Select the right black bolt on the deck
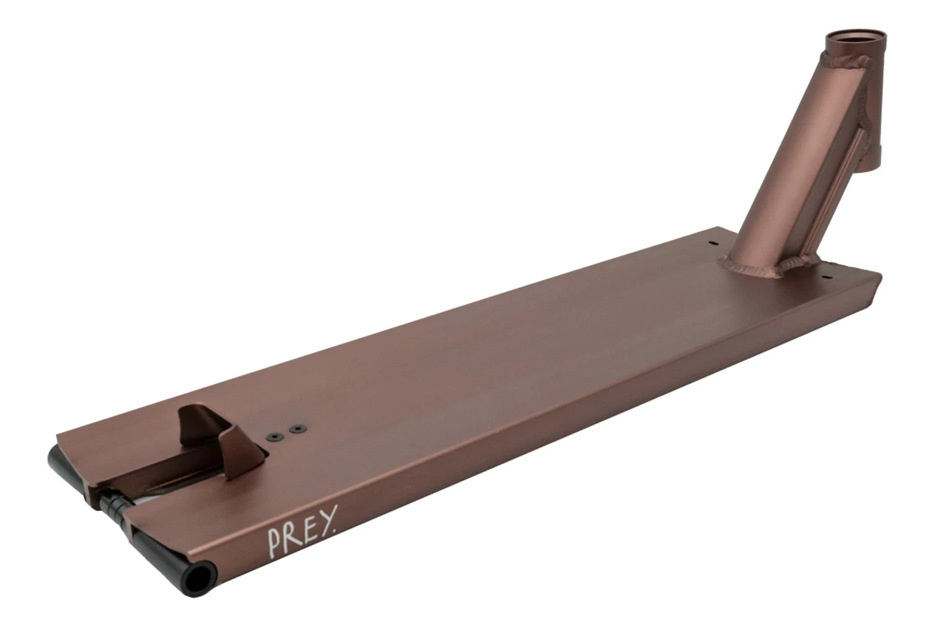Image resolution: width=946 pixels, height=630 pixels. (x=299, y=428)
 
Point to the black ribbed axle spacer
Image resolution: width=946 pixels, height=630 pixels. (x=115, y=504)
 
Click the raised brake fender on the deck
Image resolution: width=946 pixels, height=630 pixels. (x=220, y=436)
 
